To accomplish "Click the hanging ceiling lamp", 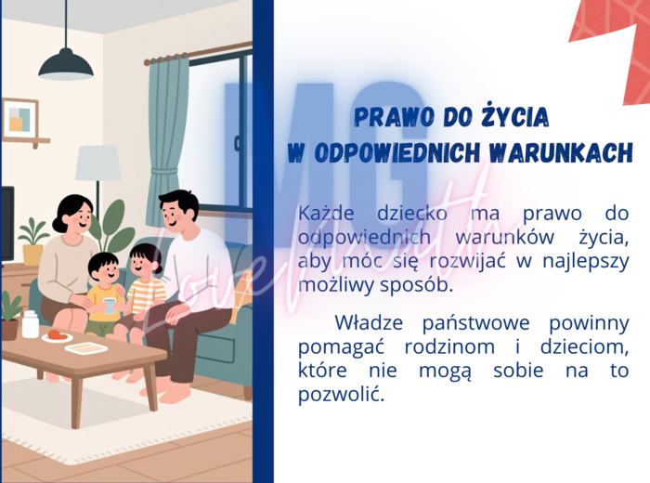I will click(65, 64).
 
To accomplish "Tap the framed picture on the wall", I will click(20, 118).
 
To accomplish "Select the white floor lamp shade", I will click(97, 163).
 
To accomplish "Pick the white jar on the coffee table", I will click(31, 324).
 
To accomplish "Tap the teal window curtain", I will click(166, 130).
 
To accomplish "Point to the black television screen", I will click(6, 223).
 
